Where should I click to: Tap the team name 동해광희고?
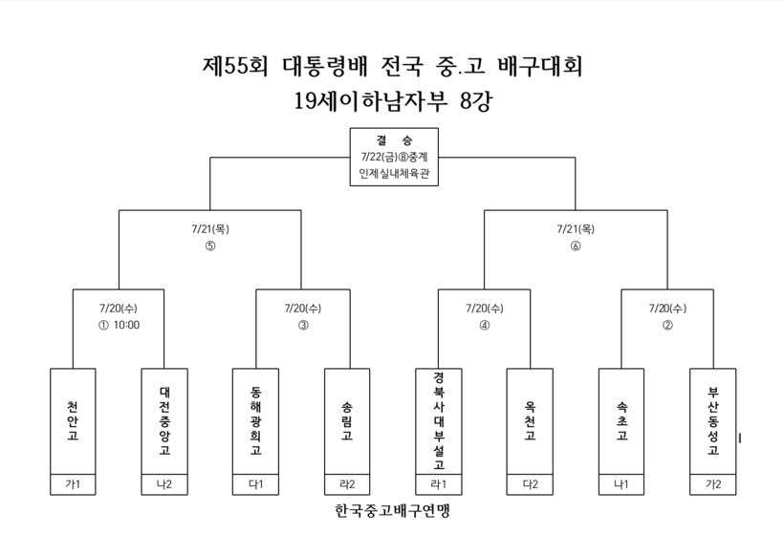(256, 420)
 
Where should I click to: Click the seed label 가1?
(73, 484)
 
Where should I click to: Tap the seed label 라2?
(347, 484)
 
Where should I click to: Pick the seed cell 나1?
(621, 484)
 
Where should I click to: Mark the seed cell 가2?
(713, 484)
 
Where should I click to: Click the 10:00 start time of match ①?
(126, 325)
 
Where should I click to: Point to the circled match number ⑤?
(210, 246)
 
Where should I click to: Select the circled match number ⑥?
(576, 246)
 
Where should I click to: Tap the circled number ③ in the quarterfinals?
(303, 325)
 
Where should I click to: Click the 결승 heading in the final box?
(394, 140)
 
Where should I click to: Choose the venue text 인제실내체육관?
(394, 173)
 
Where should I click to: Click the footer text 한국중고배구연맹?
(393, 510)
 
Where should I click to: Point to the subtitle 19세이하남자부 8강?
(393, 101)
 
